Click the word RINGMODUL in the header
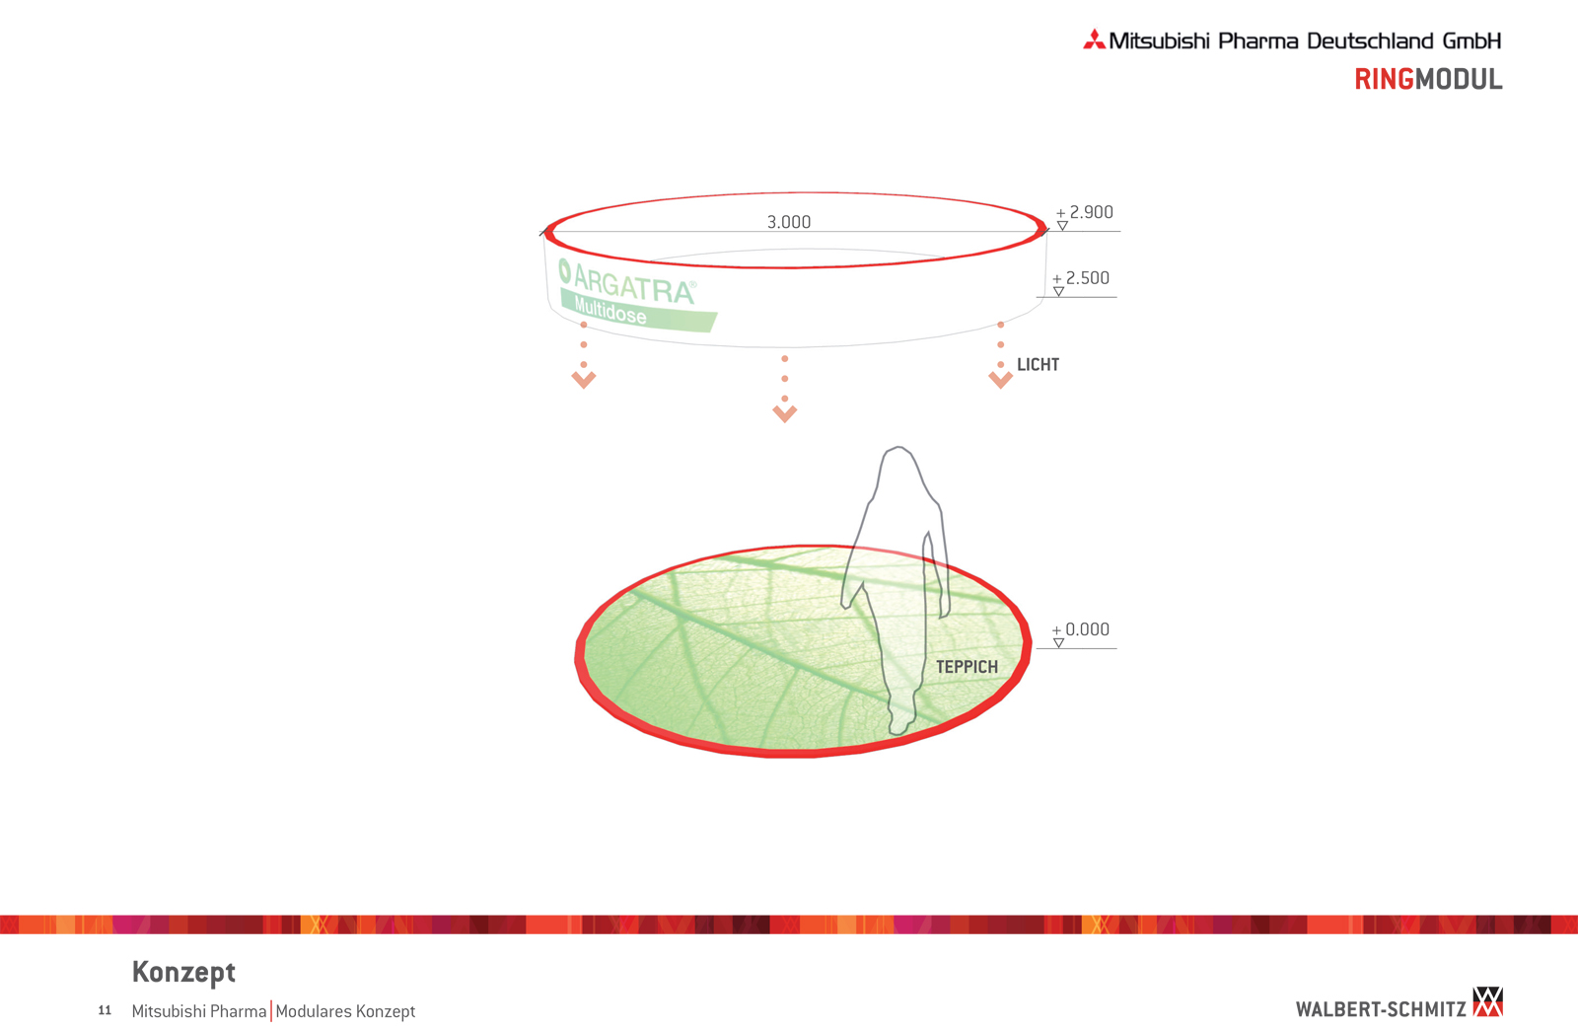(x=1428, y=80)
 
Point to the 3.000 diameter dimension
(x=788, y=222)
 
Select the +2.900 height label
(x=1085, y=212)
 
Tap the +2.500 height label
(x=1081, y=278)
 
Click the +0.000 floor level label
(x=1081, y=629)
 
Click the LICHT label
(x=1038, y=365)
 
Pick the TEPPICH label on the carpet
(x=967, y=667)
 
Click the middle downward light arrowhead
(x=785, y=413)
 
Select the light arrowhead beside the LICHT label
(x=1000, y=381)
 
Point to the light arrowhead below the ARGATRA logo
(x=583, y=381)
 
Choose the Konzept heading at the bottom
(x=183, y=972)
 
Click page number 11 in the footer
(x=105, y=1010)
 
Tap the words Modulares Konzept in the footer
(x=345, y=1011)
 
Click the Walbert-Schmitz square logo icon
(x=1488, y=1001)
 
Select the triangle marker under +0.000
(x=1058, y=643)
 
